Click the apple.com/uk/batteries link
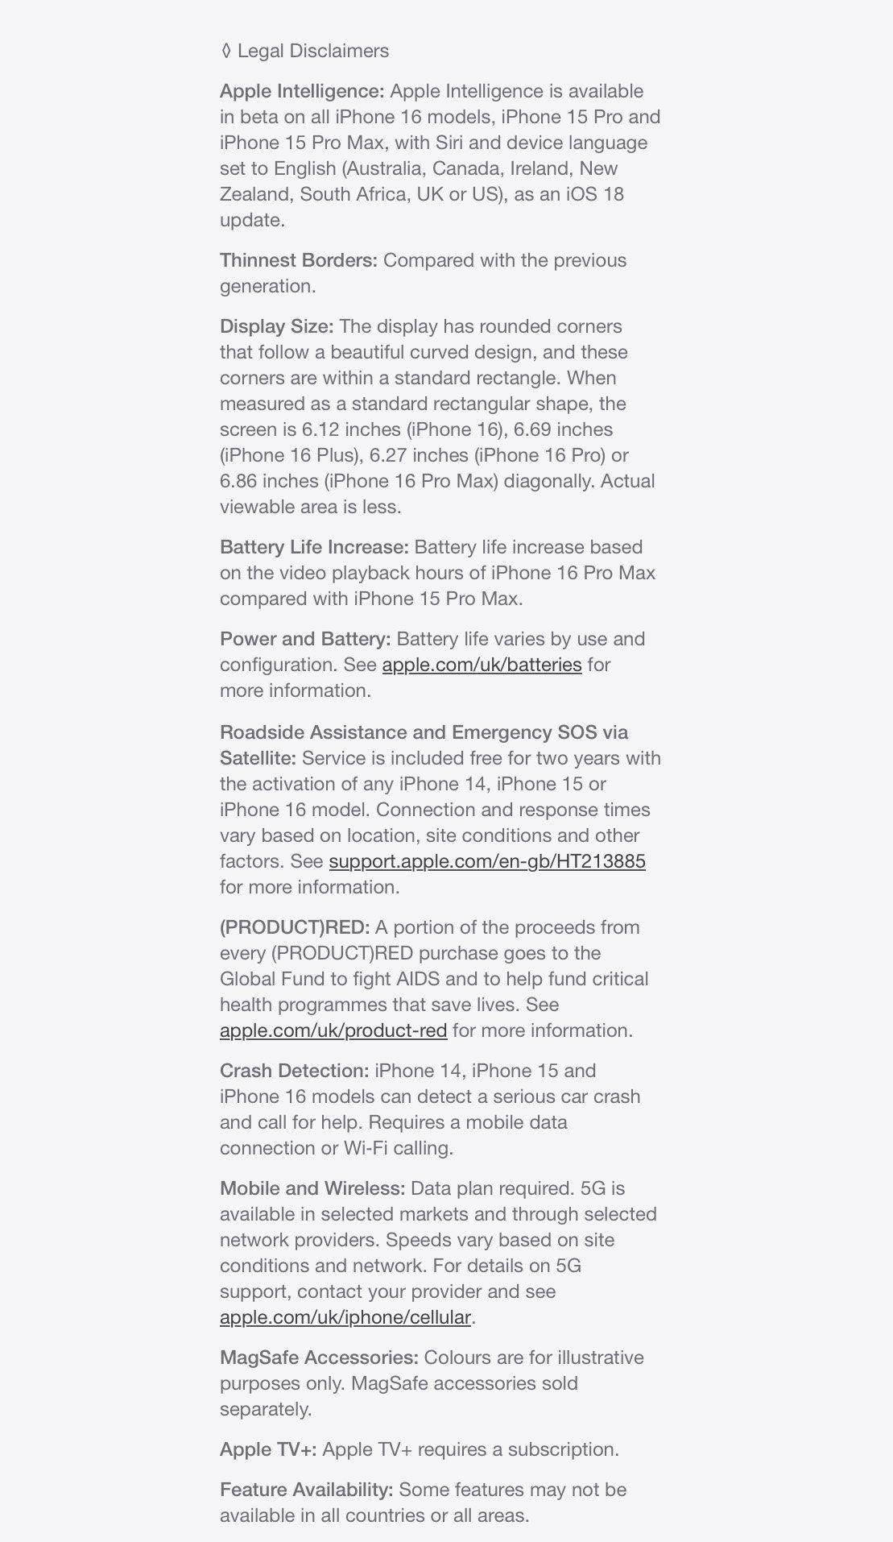coord(482,665)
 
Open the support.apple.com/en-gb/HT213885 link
coord(487,861)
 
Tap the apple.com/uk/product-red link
coord(333,1030)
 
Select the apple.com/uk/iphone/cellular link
coord(345,1317)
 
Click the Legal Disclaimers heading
coord(312,51)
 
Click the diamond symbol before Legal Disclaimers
coord(225,51)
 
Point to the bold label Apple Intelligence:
coord(302,91)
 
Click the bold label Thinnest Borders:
coord(299,260)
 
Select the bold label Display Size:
coord(276,326)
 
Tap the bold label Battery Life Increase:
coord(314,547)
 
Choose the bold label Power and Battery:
coord(305,639)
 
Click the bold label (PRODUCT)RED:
coord(295,927)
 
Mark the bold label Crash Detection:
coord(294,1071)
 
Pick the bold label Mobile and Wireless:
coord(312,1188)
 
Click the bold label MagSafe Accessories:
coord(319,1358)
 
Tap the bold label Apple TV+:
coord(268,1449)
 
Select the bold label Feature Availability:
coord(306,1490)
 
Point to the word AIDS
coord(418,979)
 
